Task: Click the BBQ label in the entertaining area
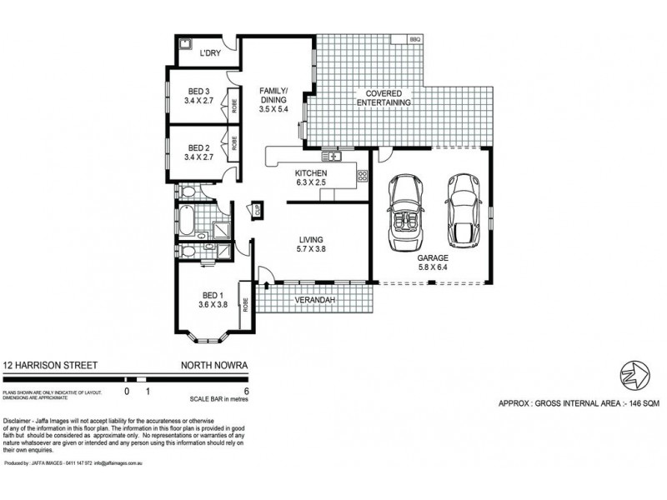(x=414, y=39)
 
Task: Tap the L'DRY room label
(x=209, y=54)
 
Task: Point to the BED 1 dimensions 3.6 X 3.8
(x=213, y=304)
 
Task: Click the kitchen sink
(x=331, y=156)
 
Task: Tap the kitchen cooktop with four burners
(x=362, y=175)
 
